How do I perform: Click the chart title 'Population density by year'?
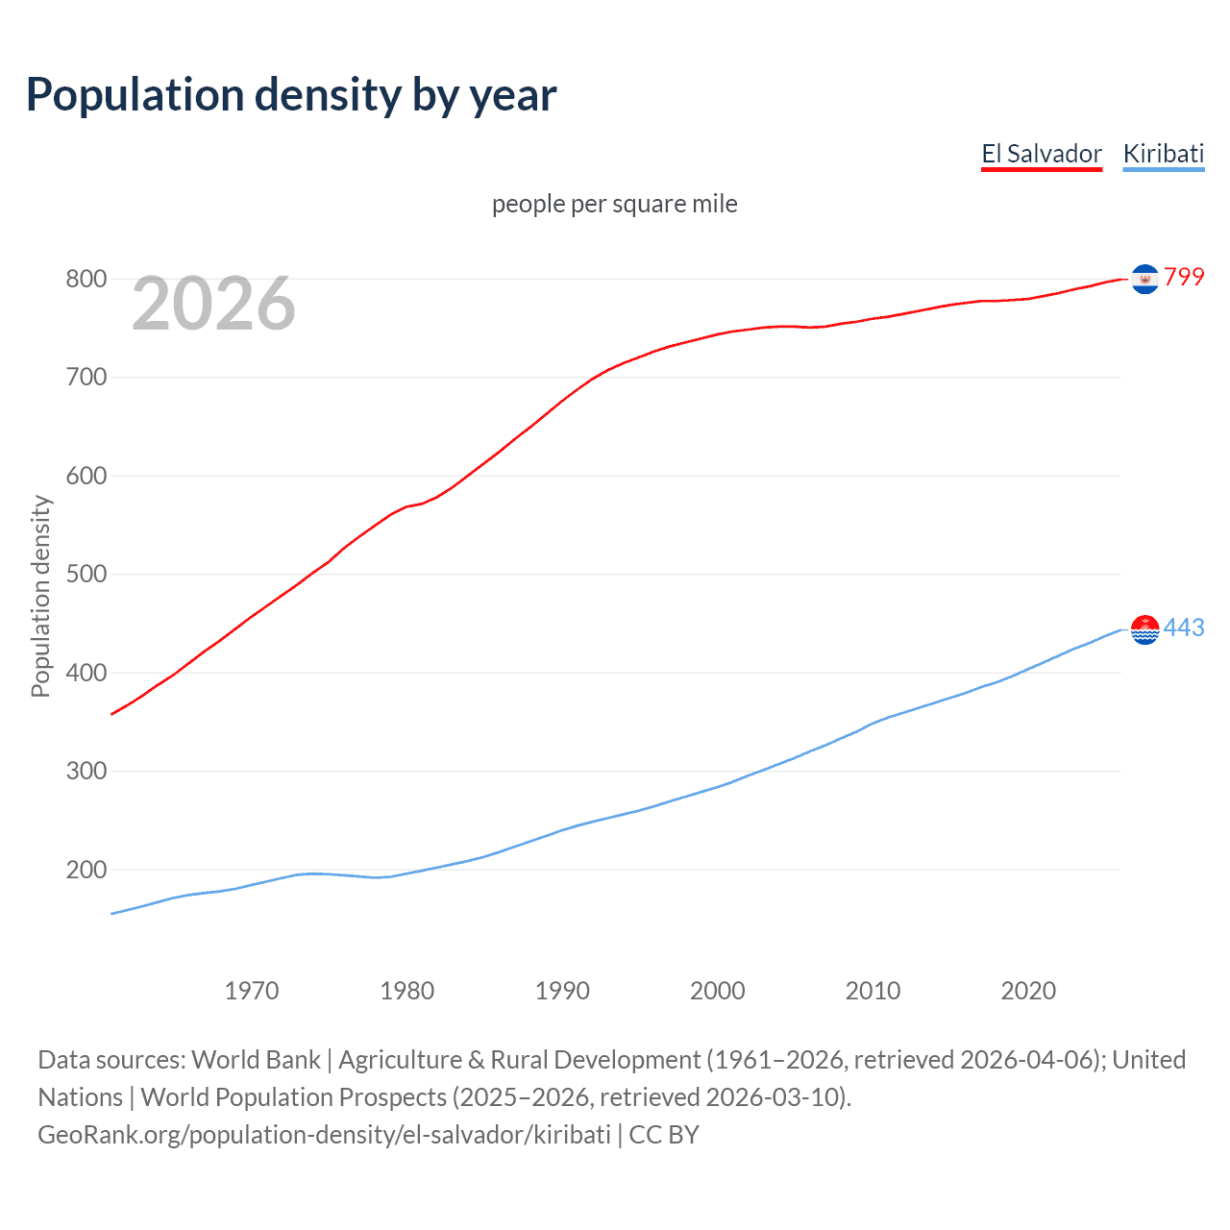point(291,95)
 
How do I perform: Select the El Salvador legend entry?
point(1041,154)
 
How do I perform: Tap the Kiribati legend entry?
point(1163,154)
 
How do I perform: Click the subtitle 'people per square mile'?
point(614,204)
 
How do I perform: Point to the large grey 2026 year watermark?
point(213,304)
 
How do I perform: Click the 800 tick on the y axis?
point(86,280)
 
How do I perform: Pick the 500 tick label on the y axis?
point(86,575)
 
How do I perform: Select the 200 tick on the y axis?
point(86,871)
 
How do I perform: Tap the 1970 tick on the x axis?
point(252,991)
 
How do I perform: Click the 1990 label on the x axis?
point(562,991)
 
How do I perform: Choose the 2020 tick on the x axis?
point(1028,991)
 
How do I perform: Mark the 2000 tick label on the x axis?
point(718,991)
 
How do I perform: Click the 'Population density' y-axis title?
point(40,596)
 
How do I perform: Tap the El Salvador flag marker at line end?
point(1144,279)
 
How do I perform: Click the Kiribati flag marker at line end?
point(1144,629)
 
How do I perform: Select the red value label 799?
point(1184,278)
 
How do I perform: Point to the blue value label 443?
point(1184,628)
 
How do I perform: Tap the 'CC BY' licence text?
point(664,1135)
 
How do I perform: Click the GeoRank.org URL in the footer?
point(324,1135)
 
